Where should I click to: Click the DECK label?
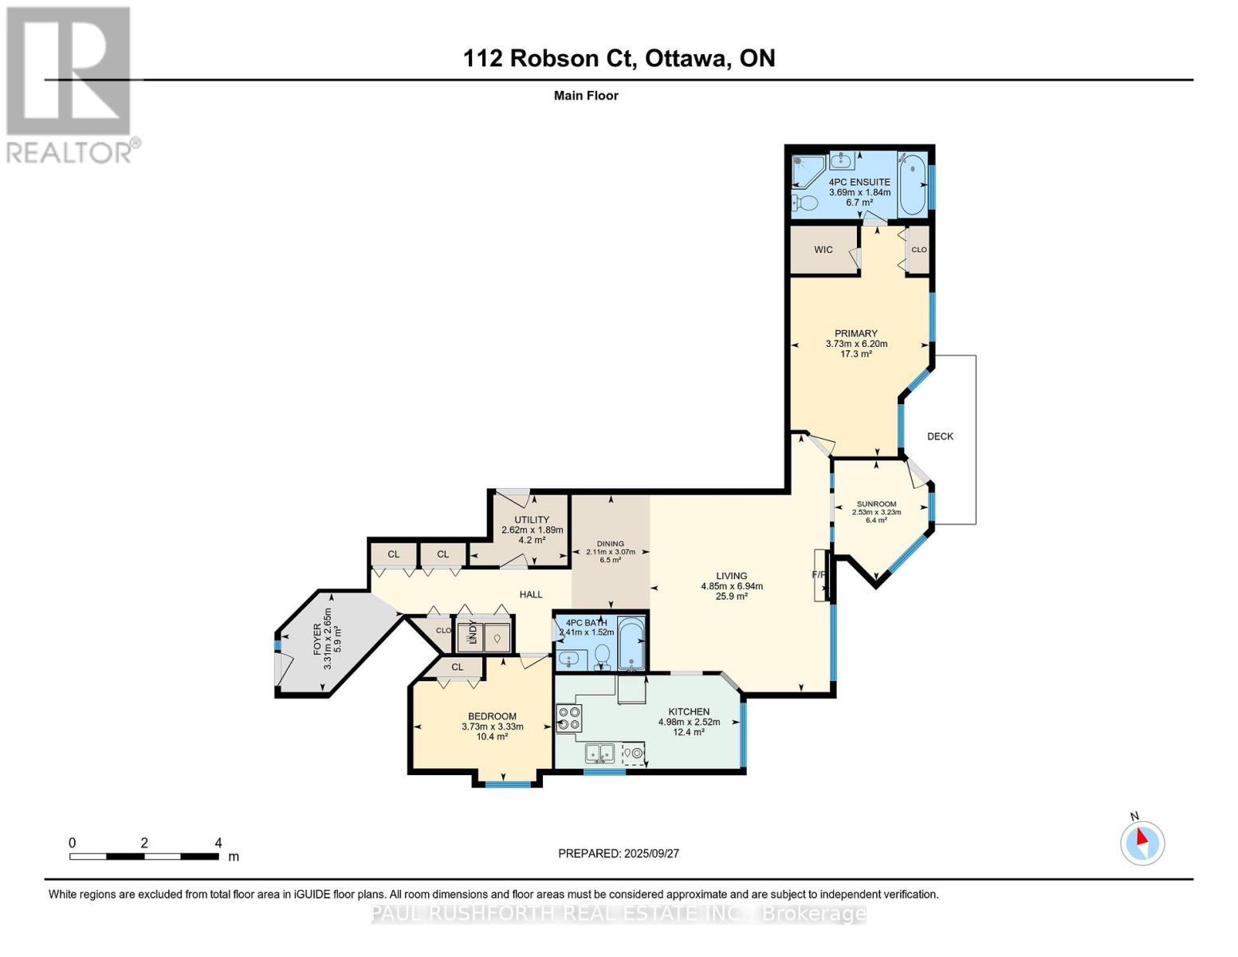[x=940, y=436]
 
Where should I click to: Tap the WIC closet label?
[x=823, y=250]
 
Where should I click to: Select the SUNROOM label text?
[x=876, y=504]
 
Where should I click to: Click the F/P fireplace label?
[x=819, y=574]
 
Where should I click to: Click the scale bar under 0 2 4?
[x=143, y=857]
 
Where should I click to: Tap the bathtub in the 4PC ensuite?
[x=912, y=183]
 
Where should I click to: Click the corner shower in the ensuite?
[x=805, y=168]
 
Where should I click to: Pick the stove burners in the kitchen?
[x=568, y=718]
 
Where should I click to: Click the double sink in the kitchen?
[x=599, y=752]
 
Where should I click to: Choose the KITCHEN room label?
[x=689, y=711]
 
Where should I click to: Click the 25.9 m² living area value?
[x=731, y=597]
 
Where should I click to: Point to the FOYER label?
[x=317, y=640]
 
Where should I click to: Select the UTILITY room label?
[x=532, y=519]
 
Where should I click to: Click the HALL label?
[x=531, y=594]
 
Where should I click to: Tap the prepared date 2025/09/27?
[x=619, y=853]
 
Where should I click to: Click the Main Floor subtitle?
[x=586, y=96]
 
